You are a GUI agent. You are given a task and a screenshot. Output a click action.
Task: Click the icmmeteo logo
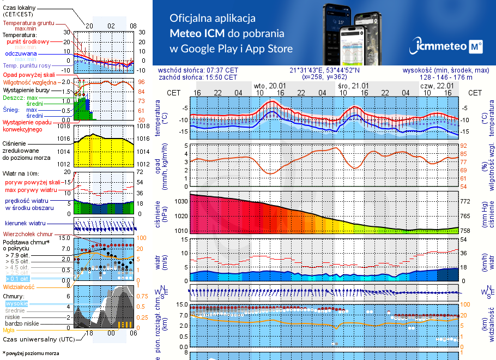pos(449,46)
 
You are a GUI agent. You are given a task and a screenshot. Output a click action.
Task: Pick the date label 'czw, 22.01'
pos(437,86)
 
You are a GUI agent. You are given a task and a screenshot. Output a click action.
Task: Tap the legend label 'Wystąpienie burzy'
pos(28,89)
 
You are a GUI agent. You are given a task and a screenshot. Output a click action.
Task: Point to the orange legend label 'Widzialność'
pos(19,286)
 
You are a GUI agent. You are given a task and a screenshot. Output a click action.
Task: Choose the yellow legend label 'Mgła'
pos(9,330)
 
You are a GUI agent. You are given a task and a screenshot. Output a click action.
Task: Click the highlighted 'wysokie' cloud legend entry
pos(16,303)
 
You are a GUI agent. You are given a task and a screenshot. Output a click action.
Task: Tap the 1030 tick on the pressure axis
pos(180,201)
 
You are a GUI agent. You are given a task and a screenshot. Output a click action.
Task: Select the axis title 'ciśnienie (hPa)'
pos(162,214)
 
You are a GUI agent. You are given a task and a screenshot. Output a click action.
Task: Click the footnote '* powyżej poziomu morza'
pos(31,353)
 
